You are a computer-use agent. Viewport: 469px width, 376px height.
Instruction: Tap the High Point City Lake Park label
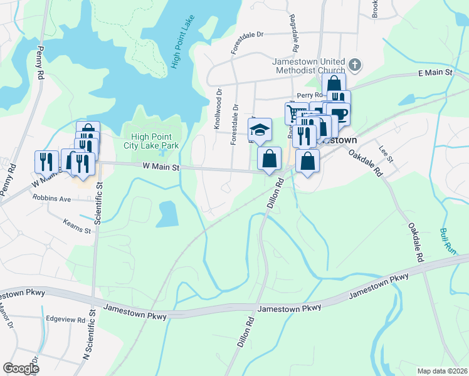coord(155,141)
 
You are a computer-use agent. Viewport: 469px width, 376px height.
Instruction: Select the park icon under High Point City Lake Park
coord(164,152)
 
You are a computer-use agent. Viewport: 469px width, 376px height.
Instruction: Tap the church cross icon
coord(355,65)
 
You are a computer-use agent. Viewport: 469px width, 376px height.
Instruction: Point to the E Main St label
coord(435,73)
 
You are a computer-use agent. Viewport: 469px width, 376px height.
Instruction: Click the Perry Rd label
coord(309,95)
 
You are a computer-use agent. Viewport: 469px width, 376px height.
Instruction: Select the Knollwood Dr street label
coord(219,108)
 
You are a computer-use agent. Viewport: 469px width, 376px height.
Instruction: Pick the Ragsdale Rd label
coord(292,33)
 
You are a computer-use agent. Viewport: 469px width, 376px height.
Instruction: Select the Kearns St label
coord(78,226)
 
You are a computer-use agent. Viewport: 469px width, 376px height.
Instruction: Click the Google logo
coord(21,368)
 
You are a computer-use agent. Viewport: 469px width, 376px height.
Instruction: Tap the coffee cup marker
coord(339,113)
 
